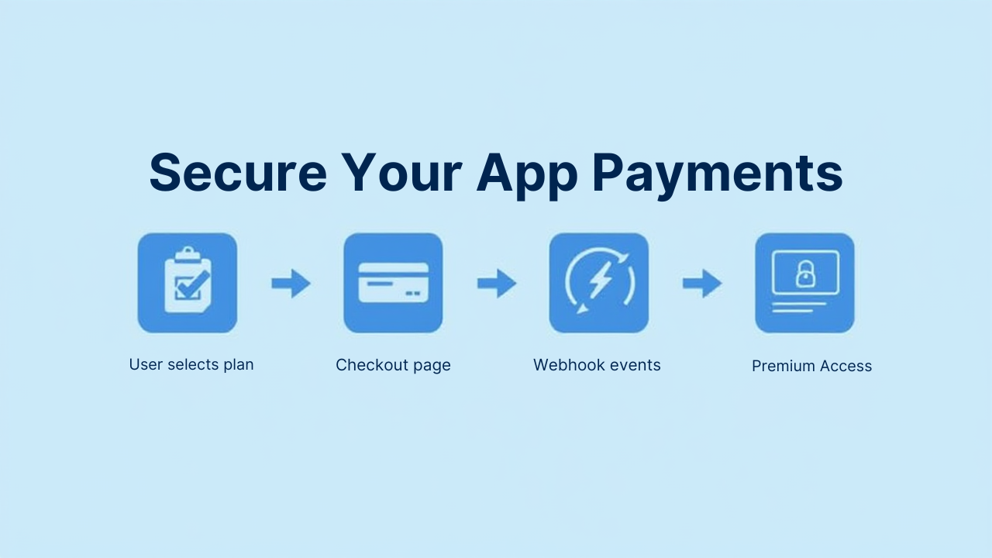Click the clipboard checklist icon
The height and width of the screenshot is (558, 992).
point(188,283)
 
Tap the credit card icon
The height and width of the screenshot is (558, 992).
point(393,283)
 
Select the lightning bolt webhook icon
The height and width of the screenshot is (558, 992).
point(598,283)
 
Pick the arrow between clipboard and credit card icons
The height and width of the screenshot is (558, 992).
point(291,284)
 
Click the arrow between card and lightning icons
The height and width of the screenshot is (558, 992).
point(496,284)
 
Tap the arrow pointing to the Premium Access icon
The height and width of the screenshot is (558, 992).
point(702,284)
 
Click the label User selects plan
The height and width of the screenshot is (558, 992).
point(191,364)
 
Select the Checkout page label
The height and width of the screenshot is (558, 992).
point(393,365)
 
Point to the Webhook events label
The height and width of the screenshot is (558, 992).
point(597,365)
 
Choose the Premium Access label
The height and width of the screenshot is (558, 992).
point(811,366)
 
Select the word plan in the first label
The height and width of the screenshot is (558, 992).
point(239,364)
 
